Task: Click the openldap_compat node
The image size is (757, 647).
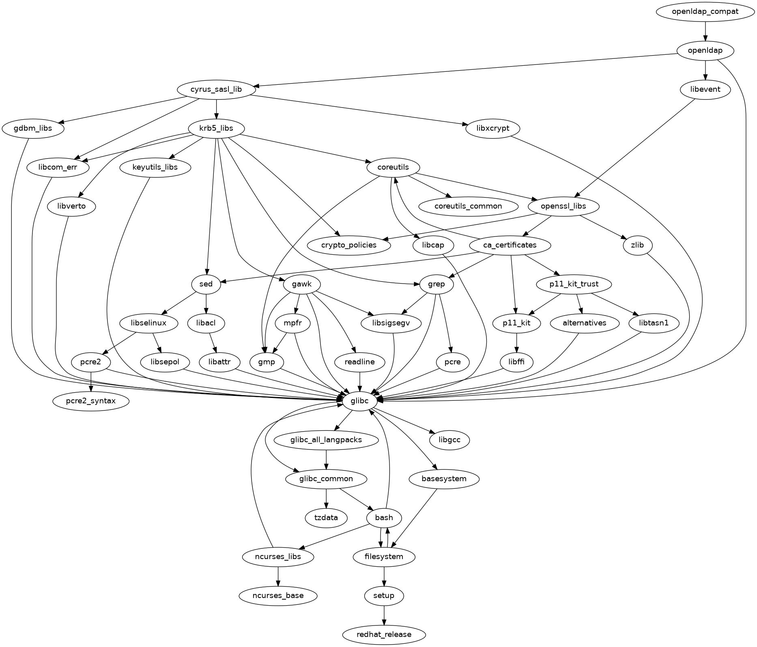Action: point(705,11)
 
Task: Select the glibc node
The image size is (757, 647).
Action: point(359,401)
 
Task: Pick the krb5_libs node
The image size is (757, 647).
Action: point(216,128)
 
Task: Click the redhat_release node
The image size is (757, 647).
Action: point(384,634)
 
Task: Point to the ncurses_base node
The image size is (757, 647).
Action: point(278,595)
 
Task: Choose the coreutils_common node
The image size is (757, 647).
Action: point(468,206)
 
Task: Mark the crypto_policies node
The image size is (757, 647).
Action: point(349,245)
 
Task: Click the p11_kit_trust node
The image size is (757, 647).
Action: point(574,284)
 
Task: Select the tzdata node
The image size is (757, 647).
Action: point(326,518)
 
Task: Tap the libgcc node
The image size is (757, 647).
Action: point(449,440)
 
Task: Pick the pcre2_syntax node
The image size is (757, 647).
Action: point(91,401)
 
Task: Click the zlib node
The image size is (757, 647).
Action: point(637,245)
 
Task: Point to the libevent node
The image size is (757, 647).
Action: point(705,89)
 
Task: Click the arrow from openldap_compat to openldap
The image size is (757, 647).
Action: point(705,31)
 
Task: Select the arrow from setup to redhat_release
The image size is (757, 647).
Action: point(384,615)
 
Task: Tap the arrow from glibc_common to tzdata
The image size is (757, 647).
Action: point(326,498)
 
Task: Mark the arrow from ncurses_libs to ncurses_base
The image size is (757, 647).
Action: point(278,576)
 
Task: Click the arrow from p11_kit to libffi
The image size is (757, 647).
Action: point(516,342)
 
